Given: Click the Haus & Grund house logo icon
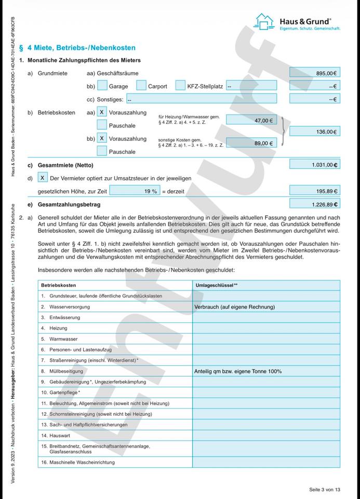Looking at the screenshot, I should [264, 22].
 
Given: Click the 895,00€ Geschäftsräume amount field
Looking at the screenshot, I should [314, 73].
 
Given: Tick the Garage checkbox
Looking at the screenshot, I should [102, 86].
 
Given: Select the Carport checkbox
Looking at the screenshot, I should [141, 86].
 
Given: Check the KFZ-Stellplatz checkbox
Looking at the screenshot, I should [180, 86].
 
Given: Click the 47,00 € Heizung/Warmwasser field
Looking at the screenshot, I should [251, 121].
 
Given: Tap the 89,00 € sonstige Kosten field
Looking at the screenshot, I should [251, 143].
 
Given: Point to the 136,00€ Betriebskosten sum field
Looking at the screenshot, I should [314, 132].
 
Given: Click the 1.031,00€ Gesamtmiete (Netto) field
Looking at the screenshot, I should [314, 165].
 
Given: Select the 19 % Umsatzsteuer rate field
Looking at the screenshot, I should [135, 191].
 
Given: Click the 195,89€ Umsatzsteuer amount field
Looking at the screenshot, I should [314, 191].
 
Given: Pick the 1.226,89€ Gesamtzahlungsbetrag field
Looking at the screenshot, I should [314, 204].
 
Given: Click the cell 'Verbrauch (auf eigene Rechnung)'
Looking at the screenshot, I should [235, 307].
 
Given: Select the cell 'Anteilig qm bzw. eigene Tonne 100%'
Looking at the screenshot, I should [238, 371].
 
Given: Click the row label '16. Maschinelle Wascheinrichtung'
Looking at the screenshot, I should [78, 462].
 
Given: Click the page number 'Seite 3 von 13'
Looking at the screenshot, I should [325, 490].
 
